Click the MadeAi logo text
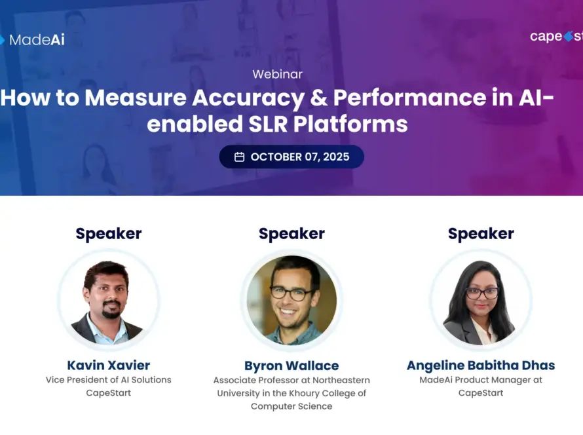37,40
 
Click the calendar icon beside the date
239,157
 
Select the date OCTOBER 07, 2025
300,157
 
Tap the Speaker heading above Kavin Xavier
109,233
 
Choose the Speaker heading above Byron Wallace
291,233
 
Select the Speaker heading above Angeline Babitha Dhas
481,233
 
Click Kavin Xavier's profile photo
109,300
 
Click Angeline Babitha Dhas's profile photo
481,300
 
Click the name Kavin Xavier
109,365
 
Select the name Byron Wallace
291,366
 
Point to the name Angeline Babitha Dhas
481,366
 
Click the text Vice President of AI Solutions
109,380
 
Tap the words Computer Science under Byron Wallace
291,406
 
